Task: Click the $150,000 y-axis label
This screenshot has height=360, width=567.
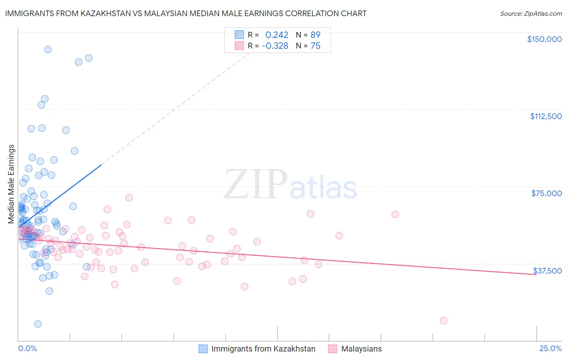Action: (544, 39)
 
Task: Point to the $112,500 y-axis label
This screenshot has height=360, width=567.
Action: (546, 116)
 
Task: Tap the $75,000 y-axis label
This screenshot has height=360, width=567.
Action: (546, 193)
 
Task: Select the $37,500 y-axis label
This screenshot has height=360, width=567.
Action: (547, 271)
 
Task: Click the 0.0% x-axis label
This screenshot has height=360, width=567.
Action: (27, 349)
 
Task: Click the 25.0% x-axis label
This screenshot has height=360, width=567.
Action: (550, 349)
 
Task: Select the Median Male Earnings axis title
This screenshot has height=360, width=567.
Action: (11, 184)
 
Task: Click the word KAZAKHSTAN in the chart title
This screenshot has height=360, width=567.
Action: (106, 13)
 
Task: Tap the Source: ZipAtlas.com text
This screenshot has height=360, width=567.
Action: (531, 13)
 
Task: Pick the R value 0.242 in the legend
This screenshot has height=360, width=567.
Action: (277, 35)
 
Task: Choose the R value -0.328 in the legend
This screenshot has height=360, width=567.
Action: (275, 46)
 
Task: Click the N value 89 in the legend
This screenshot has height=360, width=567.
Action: (315, 35)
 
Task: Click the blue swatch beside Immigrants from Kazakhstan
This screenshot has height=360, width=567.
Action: (203, 349)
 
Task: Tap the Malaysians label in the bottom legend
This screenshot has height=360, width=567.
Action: (361, 349)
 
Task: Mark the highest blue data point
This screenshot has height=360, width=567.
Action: (48, 49)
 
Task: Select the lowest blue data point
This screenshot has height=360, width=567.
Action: (38, 324)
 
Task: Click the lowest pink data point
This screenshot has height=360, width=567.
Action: (443, 321)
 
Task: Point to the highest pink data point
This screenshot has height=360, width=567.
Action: (129, 198)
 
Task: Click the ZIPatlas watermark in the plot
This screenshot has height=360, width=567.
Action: (290, 185)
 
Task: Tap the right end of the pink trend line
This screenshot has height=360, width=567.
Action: (536, 274)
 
